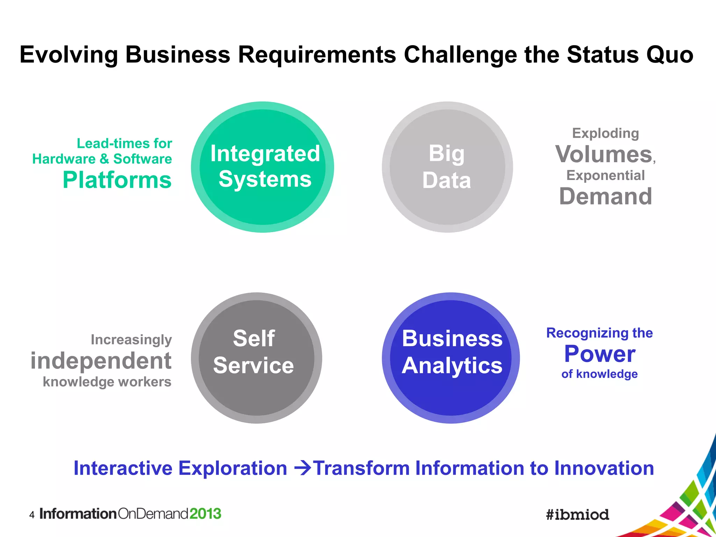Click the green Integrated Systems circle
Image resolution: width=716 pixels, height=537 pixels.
coord(263,167)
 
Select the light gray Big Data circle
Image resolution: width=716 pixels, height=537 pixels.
coord(447,167)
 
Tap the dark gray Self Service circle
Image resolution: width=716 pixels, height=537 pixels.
coord(256,358)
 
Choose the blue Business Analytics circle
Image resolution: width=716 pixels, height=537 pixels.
coord(451,358)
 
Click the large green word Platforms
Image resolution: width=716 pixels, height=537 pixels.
coord(117,180)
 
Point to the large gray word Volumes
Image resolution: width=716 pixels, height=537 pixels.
coord(604,154)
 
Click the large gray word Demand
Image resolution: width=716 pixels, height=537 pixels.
coord(606,196)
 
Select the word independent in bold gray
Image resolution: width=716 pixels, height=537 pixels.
coord(101,361)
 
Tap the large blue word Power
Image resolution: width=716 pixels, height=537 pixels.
coord(600,354)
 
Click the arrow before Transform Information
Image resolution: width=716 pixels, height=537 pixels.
coord(302,468)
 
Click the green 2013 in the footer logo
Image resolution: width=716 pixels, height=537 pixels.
coord(205,514)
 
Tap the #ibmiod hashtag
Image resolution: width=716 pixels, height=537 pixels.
coord(578,515)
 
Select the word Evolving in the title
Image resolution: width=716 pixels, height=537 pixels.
coord(69,55)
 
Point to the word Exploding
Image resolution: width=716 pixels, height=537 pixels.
coord(606,133)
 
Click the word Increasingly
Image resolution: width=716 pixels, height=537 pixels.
coord(131,339)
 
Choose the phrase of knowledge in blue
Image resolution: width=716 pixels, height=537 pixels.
coord(599,374)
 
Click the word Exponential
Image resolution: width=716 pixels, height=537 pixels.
coord(606,175)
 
